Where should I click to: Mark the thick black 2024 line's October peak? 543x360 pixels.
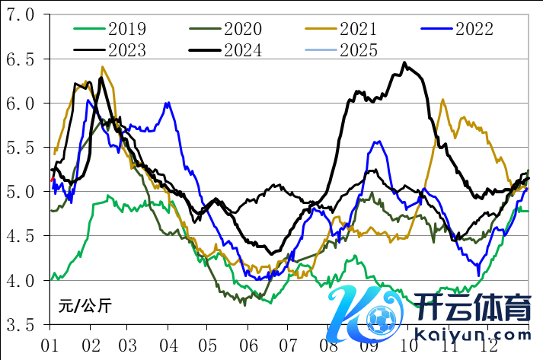coord(404,64)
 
